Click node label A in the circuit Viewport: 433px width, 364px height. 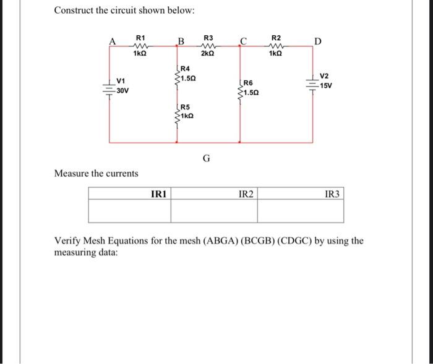tap(113, 41)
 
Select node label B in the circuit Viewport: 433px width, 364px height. tap(181, 41)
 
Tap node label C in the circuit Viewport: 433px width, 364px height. tap(244, 41)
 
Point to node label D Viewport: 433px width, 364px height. tap(317, 41)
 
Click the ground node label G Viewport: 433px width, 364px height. tap(206, 158)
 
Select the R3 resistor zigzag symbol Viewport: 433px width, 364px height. tap(208, 45)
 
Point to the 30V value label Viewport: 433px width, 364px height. tap(122, 91)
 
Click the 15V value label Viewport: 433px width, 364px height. tap(326, 86)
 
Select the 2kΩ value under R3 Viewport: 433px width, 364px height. tap(208, 54)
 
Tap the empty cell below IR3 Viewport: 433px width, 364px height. tap(299, 211)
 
